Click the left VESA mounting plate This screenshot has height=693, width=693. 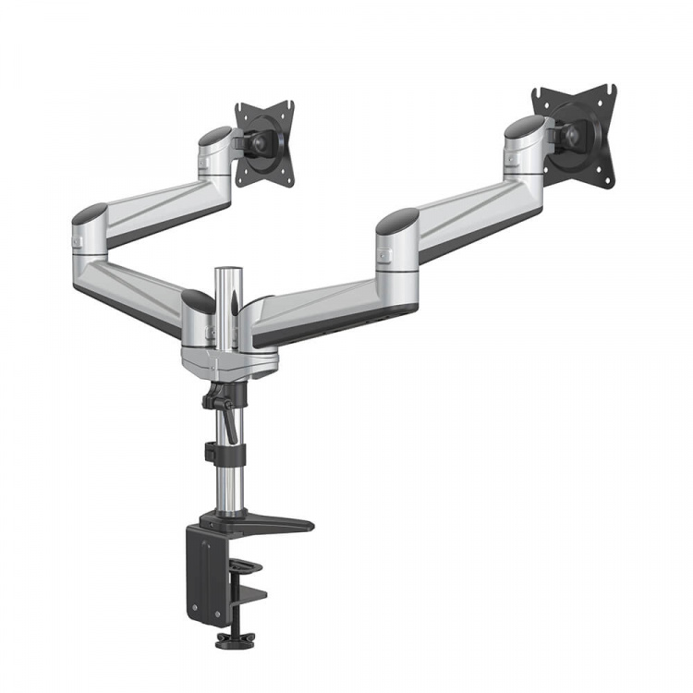coord(264,144)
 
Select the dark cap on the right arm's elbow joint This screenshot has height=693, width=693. coord(397,221)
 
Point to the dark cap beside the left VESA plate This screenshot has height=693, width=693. coord(214,135)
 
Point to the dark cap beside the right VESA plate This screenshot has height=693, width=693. coord(523,126)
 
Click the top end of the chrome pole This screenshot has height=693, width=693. coord(225,270)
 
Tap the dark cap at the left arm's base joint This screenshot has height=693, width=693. coord(198,299)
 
